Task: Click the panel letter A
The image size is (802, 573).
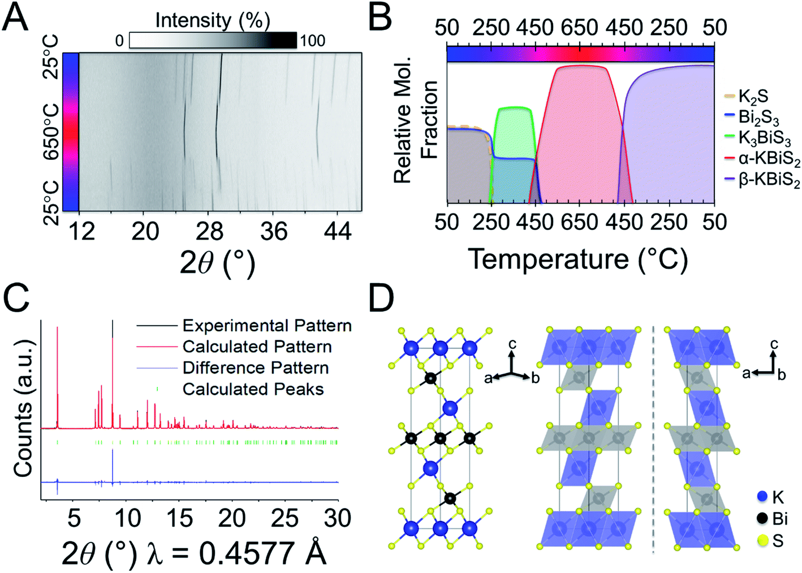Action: [16, 18]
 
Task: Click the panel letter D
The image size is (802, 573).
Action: [382, 299]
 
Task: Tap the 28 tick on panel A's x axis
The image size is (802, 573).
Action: [210, 231]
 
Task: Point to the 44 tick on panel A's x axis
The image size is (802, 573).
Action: [338, 231]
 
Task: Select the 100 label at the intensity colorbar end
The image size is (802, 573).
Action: [312, 41]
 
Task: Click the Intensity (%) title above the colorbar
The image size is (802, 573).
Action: [212, 20]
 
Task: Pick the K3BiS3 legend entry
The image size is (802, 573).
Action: [764, 138]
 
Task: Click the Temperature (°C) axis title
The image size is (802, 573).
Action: [578, 259]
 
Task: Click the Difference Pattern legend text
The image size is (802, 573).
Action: [255, 368]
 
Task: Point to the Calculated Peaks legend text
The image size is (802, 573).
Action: [253, 389]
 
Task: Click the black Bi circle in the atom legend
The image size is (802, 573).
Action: [763, 518]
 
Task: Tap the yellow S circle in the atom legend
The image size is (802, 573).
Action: [763, 540]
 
